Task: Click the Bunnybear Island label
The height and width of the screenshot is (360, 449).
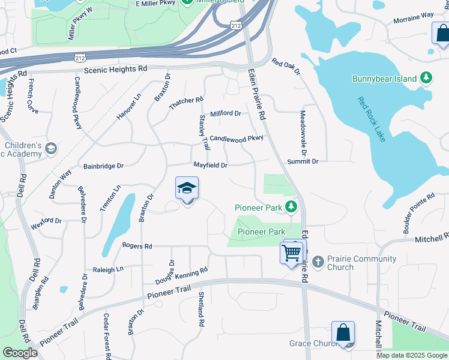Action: tap(385, 79)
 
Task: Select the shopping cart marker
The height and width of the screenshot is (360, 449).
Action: tap(291, 253)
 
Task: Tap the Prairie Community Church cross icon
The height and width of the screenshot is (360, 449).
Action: tap(318, 262)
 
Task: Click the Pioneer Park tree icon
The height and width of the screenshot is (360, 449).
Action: tap(291, 207)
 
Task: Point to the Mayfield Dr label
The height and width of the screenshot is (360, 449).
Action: tap(210, 165)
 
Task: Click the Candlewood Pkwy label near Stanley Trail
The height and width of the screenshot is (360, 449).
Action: tap(237, 138)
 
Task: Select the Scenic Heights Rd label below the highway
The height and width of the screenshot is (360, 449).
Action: tap(115, 70)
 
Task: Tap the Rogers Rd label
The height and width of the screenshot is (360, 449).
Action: tap(137, 246)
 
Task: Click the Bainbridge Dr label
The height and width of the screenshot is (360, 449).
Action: tap(103, 166)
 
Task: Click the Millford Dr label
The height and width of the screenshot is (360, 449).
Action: tap(225, 113)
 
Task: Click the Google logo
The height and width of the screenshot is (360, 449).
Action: tap(20, 353)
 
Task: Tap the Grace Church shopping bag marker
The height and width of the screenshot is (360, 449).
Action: tap(343, 332)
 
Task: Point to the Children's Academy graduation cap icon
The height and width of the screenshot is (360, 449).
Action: tap(52, 148)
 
